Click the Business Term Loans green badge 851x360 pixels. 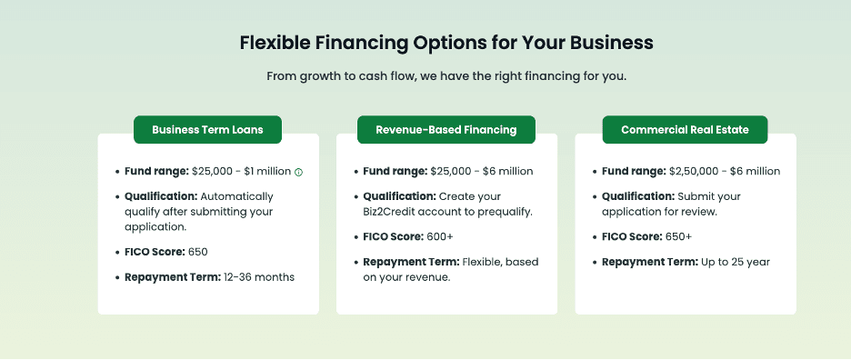(207, 130)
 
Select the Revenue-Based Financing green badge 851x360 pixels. (446, 130)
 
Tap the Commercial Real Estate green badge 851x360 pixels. (685, 130)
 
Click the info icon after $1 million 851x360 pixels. (298, 172)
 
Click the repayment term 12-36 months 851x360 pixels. (259, 276)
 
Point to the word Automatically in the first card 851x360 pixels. (236, 196)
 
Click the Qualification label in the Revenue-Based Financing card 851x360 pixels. (398, 196)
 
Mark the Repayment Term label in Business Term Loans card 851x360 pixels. (173, 276)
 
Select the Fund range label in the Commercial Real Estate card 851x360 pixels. (633, 171)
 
